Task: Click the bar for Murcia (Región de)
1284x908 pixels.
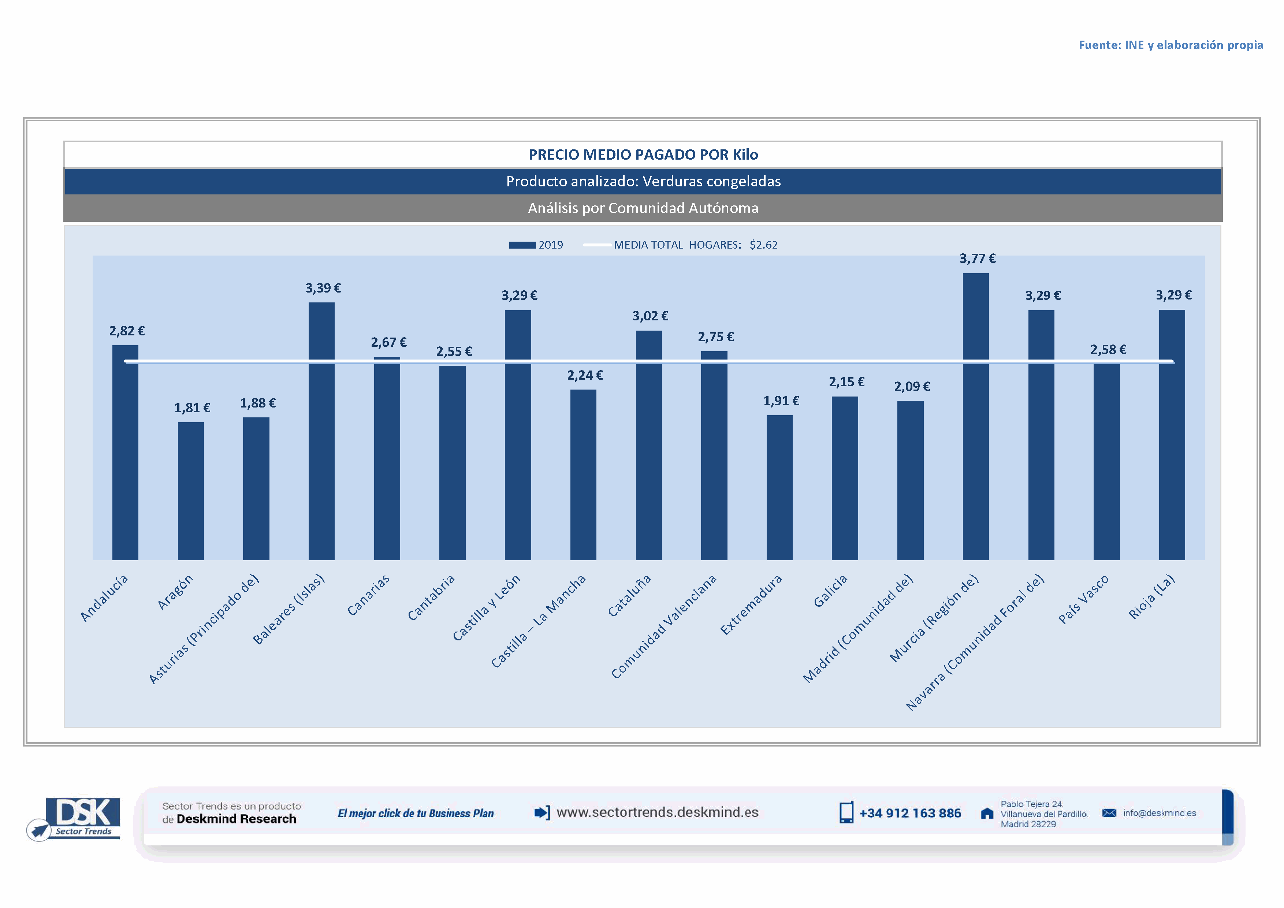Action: coord(975,417)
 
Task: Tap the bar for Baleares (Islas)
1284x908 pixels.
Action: coord(321,431)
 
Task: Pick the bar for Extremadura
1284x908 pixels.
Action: coord(779,488)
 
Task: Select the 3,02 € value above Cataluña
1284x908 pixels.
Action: coord(650,316)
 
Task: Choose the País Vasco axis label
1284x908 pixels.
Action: coord(1083,599)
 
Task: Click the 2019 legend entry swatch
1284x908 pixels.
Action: coord(522,245)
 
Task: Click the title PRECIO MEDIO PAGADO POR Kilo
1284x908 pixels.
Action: coord(643,155)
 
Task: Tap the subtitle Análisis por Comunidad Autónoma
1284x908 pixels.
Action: coord(643,208)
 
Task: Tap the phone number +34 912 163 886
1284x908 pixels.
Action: coord(909,814)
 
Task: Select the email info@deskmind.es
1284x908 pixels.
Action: coord(1159,813)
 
